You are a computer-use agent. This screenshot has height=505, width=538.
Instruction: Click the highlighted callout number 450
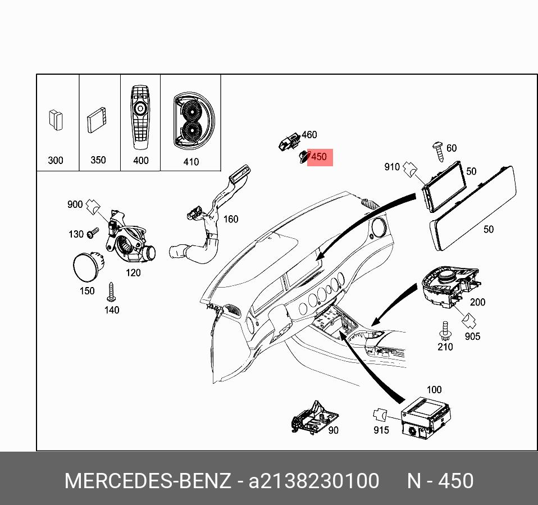click(319, 157)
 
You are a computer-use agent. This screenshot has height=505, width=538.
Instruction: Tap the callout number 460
click(309, 135)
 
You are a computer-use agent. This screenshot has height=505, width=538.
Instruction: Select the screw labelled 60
click(437, 148)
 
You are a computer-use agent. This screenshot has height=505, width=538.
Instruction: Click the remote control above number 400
click(140, 116)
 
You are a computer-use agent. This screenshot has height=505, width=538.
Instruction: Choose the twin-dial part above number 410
click(190, 121)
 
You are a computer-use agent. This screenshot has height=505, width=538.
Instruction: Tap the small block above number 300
click(55, 120)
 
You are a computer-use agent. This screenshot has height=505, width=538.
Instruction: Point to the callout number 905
click(472, 336)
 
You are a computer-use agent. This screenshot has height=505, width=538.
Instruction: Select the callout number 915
click(381, 430)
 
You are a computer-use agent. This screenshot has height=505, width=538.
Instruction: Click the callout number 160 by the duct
click(231, 219)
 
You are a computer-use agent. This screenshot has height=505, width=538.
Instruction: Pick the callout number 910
click(392, 167)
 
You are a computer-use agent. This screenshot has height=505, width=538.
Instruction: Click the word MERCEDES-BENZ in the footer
click(148, 481)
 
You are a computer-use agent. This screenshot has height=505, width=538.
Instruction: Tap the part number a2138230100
click(314, 481)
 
